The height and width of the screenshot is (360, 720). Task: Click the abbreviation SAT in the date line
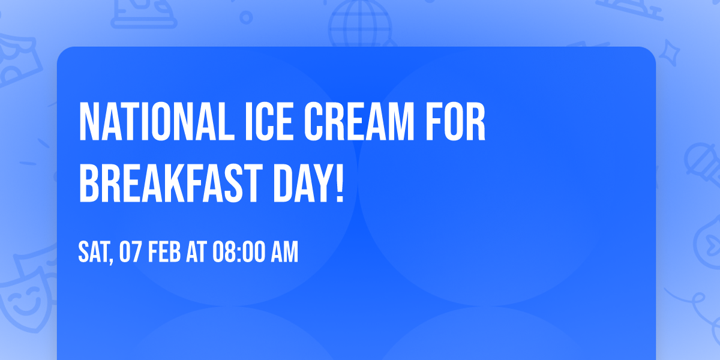coord(93,253)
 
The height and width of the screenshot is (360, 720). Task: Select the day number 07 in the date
coord(130,253)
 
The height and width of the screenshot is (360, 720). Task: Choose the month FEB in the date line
coord(164,253)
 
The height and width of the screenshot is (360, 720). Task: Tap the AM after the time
coord(284,253)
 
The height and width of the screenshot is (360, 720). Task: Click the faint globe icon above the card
coord(359,24)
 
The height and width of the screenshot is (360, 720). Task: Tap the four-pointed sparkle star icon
coord(673,50)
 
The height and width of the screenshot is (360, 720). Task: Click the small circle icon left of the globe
coord(246,17)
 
